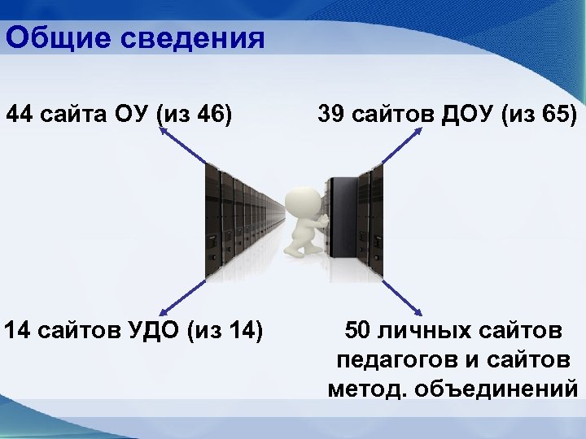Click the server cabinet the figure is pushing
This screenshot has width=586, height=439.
346,219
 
